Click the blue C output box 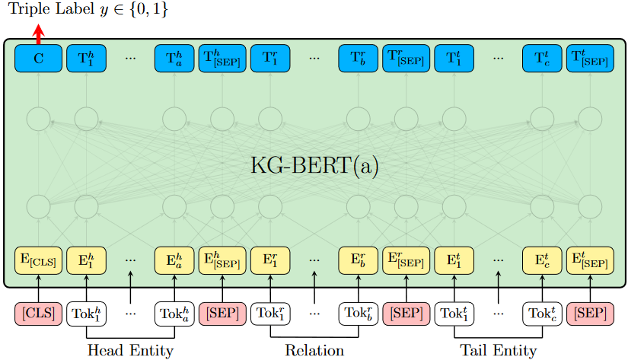pos(38,57)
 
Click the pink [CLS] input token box pos(38,312)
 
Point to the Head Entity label pos(130,350)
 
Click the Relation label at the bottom pos(314,350)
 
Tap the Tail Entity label pos(498,350)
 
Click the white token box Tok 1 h pos(85,312)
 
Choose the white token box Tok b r pos(359,312)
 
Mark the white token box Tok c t pos(542,312)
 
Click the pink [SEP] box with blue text pos(406,312)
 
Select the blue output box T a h pos(174,57)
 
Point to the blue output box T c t pos(542,57)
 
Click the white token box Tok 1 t pos(454,312)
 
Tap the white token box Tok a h pos(174,312)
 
